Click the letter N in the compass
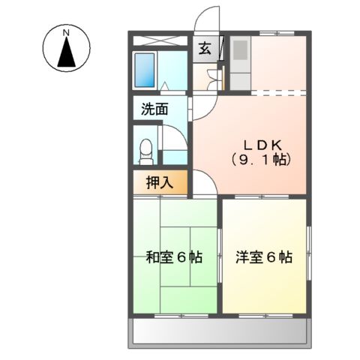pyautogui.click(x=65, y=33)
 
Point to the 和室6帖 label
pyautogui.click(x=174, y=256)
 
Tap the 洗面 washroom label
pyautogui.click(x=154, y=109)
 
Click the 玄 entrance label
pyautogui.click(x=204, y=51)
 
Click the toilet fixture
pyautogui.click(x=146, y=149)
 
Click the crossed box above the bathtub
pyautogui.click(x=160, y=42)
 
